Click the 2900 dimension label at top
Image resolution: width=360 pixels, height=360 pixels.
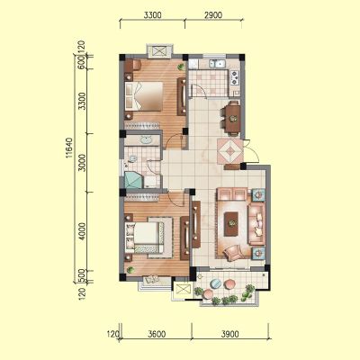click(213, 15)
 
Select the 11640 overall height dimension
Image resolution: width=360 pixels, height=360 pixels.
click(68, 148)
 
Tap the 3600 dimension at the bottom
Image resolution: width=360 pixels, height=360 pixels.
click(157, 334)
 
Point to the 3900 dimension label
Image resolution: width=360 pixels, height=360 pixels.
click(229, 334)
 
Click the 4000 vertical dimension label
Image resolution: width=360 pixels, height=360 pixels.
click(82, 231)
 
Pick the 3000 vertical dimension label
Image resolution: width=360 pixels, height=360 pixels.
click(82, 163)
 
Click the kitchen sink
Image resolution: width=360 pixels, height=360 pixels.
click(218, 64)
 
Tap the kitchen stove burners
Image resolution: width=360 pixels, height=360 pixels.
click(234, 76)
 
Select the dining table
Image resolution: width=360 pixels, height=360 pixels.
click(233, 119)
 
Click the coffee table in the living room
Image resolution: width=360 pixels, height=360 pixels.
click(231, 224)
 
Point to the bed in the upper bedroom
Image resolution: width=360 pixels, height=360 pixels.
click(144, 95)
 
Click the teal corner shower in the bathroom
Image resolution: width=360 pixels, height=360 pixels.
click(133, 180)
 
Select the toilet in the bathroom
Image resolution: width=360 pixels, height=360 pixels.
click(131, 159)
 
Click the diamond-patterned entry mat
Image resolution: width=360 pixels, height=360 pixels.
click(229, 151)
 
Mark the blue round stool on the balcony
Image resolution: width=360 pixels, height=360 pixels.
click(215, 283)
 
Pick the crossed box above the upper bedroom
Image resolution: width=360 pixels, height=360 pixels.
click(159, 51)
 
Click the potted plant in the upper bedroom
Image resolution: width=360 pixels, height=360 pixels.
click(181, 67)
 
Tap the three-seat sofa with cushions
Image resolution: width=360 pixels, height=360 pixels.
click(256, 224)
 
